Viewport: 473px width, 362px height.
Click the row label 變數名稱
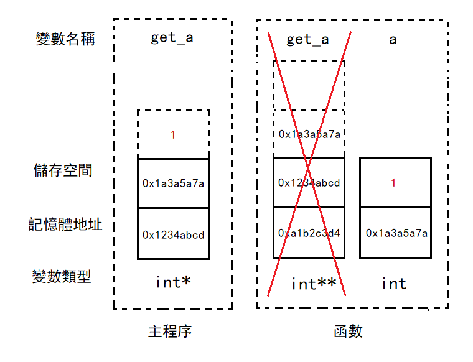click(x=65, y=39)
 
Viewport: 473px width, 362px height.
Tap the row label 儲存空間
click(x=63, y=170)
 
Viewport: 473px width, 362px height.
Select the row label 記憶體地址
click(x=65, y=224)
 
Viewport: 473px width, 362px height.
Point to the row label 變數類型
click(x=62, y=276)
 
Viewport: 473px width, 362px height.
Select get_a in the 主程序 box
click(x=172, y=39)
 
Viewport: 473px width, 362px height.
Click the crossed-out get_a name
click(x=308, y=40)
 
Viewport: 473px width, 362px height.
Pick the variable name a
click(x=393, y=40)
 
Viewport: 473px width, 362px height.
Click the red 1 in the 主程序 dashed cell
click(x=173, y=134)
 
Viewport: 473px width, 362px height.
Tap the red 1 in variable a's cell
click(x=393, y=183)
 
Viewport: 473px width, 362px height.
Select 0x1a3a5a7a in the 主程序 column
click(x=173, y=183)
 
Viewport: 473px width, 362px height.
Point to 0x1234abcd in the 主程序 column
click(x=173, y=235)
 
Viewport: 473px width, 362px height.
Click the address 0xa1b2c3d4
click(x=309, y=233)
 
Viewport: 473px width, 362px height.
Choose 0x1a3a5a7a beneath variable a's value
click(x=396, y=233)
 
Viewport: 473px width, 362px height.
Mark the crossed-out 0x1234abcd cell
click(x=309, y=183)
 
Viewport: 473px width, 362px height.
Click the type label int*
click(x=173, y=282)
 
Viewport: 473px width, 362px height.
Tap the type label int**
click(x=314, y=284)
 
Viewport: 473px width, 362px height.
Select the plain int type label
click(x=393, y=284)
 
